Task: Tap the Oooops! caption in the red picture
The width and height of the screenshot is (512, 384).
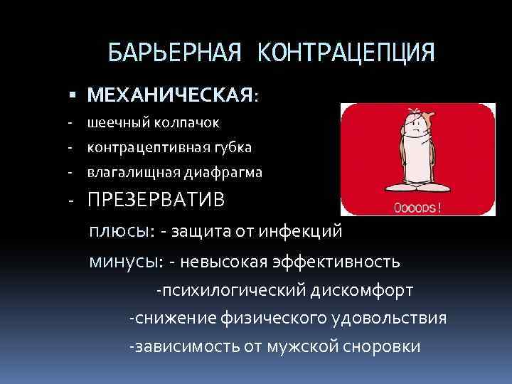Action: point(417,209)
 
